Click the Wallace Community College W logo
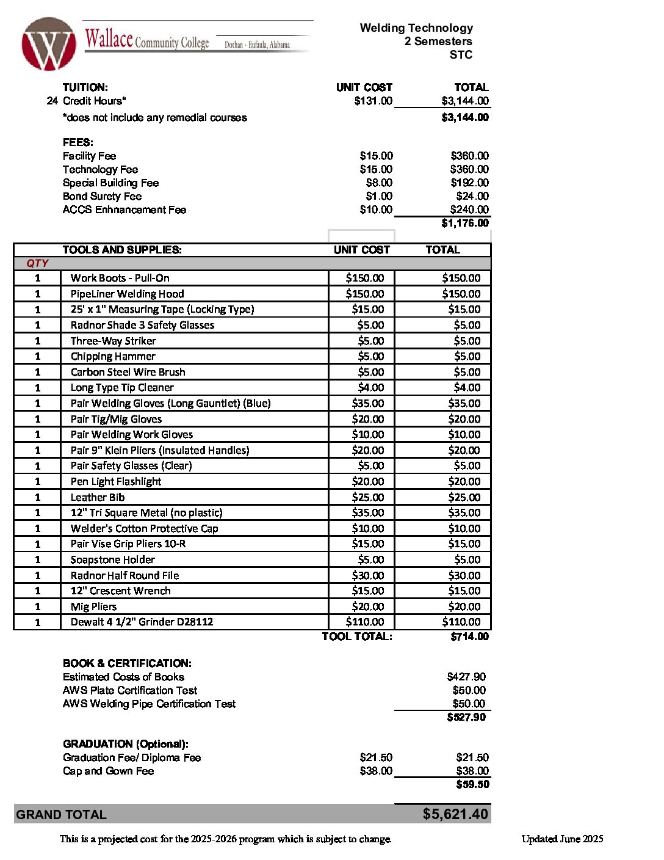48,43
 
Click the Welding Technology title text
416,27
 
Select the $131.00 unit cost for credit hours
373,101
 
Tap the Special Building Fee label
110,183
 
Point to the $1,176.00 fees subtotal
465,223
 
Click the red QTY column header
37,263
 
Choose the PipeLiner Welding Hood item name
127,294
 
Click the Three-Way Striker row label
113,341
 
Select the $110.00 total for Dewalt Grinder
461,622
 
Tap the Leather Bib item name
98,497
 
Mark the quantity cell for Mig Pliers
37,607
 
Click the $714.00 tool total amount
469,636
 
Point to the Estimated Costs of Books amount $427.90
466,677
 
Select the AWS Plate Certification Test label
130,690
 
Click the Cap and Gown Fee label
108,771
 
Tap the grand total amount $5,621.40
455,814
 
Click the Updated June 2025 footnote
562,839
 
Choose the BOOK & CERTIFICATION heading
127,663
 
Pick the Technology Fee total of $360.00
469,169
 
